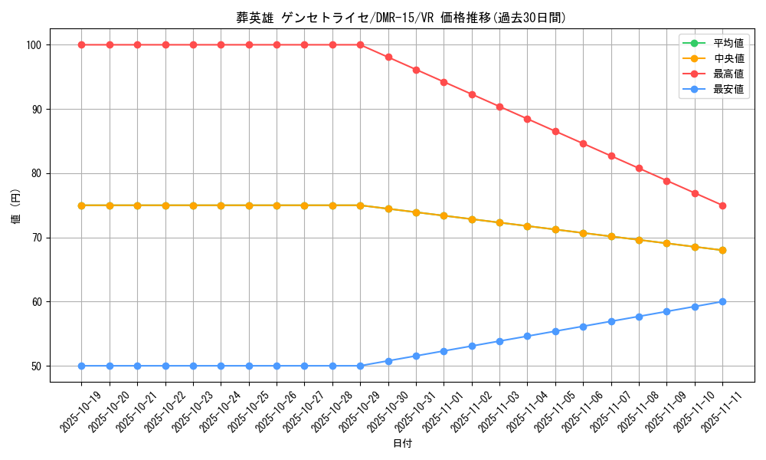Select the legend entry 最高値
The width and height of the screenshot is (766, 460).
point(728,74)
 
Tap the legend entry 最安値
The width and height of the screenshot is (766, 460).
point(728,89)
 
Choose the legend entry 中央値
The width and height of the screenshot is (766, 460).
point(728,58)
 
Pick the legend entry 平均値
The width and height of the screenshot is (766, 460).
point(728,43)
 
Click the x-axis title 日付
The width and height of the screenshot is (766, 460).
point(402,444)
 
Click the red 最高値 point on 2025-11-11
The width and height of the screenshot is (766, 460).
point(722,205)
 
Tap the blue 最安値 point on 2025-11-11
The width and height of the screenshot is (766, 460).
point(722,301)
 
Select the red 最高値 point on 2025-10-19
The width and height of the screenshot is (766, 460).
point(82,44)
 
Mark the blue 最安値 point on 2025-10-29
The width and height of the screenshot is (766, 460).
point(360,366)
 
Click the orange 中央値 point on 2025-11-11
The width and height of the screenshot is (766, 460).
point(722,250)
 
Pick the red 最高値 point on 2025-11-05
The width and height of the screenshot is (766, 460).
point(555,131)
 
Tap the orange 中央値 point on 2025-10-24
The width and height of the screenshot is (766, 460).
point(221,205)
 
